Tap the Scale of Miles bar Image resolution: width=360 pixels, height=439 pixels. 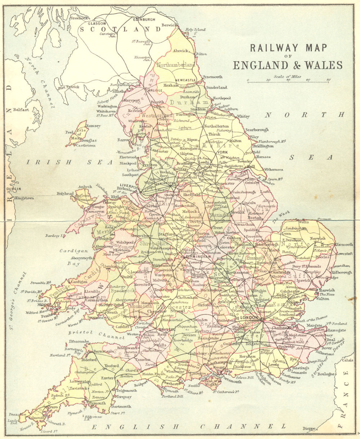tap(288, 82)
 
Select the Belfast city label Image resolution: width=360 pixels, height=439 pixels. tap(21, 110)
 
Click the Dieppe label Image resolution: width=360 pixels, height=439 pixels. tap(309, 429)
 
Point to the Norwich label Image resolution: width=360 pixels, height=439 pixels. tap(317, 238)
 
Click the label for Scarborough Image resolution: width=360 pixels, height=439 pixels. tap(257, 130)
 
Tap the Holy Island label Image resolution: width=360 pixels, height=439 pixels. tap(195, 30)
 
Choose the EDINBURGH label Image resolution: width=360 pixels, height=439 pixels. tap(144, 19)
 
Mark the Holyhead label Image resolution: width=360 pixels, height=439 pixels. tap(65, 194)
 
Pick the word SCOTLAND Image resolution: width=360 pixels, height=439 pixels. tap(120, 29)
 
